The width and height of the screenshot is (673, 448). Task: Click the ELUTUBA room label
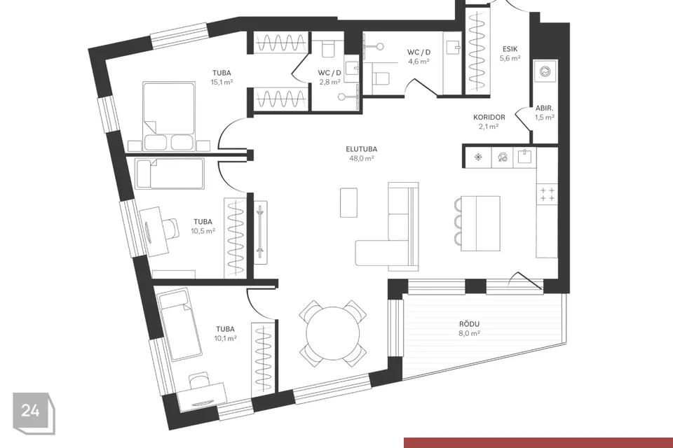tap(362, 149)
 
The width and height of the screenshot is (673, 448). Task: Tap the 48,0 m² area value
tap(362, 158)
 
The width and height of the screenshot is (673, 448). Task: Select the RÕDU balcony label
tap(469, 324)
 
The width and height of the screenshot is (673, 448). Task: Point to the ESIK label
tap(510, 49)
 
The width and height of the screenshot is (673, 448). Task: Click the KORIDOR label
tap(489, 117)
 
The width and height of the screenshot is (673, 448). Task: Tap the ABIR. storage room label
tap(544, 108)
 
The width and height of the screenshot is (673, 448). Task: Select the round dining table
tap(333, 333)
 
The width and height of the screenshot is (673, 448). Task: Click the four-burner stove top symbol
tap(547, 194)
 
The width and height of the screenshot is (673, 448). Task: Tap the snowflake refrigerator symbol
tap(477, 157)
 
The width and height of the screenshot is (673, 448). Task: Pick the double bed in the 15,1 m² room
tap(169, 115)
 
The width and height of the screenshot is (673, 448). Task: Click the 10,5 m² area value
tap(203, 231)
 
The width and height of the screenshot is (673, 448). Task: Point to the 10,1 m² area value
tap(225, 338)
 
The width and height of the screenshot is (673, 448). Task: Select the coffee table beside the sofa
tap(348, 202)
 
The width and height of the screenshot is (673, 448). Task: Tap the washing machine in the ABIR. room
tap(545, 71)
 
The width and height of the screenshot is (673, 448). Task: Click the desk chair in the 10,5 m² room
tap(171, 227)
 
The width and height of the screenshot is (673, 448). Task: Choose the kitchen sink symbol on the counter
tap(525, 157)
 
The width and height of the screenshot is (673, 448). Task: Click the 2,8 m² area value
tap(329, 82)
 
